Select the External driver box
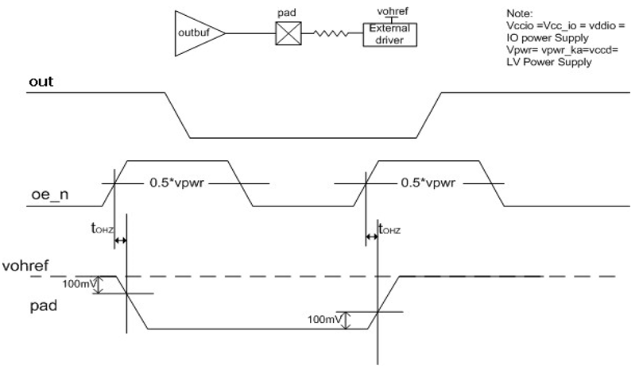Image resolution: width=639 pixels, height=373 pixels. pos(390,33)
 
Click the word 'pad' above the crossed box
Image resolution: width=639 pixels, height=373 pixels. pos(285,13)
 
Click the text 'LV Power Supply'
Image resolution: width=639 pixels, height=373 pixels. pos(548,62)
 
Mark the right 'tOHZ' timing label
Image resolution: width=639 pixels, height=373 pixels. pos(389,230)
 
